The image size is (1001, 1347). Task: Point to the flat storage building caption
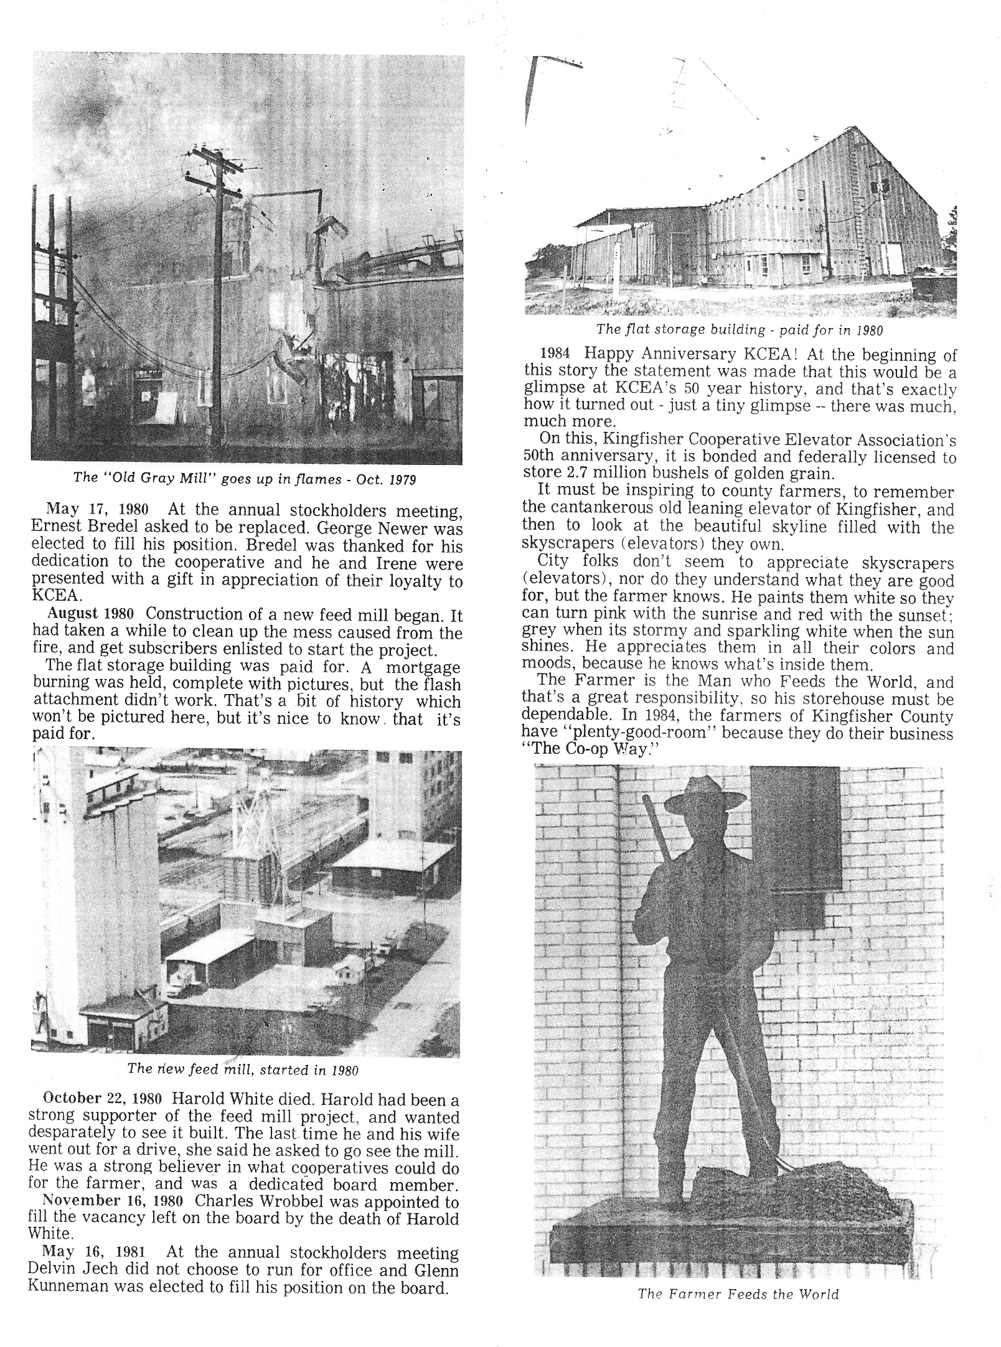click(739, 329)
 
